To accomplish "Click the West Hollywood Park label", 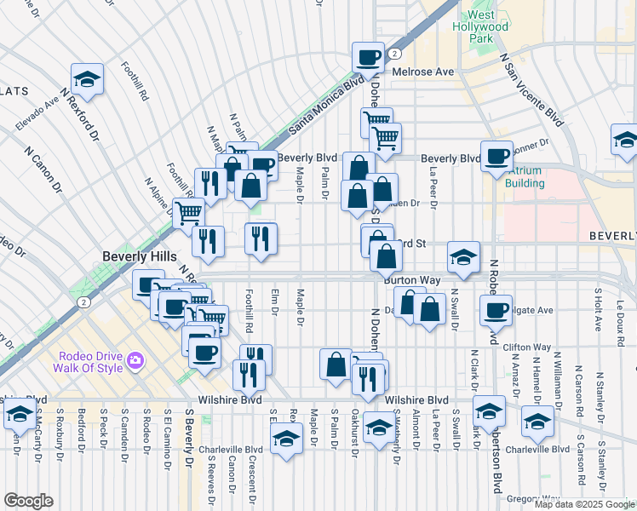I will (487, 26).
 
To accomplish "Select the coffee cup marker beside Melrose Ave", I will (368, 57).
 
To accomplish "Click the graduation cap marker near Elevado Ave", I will (87, 79).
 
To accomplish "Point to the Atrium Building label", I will (524, 176).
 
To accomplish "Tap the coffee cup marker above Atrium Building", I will (496, 156).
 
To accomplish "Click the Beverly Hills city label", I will (140, 255).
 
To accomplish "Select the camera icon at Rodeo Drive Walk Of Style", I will (135, 363).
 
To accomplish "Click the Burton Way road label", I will (411, 279).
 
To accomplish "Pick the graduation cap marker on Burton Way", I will (463, 257).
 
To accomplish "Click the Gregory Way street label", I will (533, 498).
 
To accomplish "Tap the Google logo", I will (28, 501).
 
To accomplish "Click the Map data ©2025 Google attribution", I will (583, 504).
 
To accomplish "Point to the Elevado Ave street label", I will (37, 113).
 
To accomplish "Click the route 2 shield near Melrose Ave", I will (395, 53).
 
